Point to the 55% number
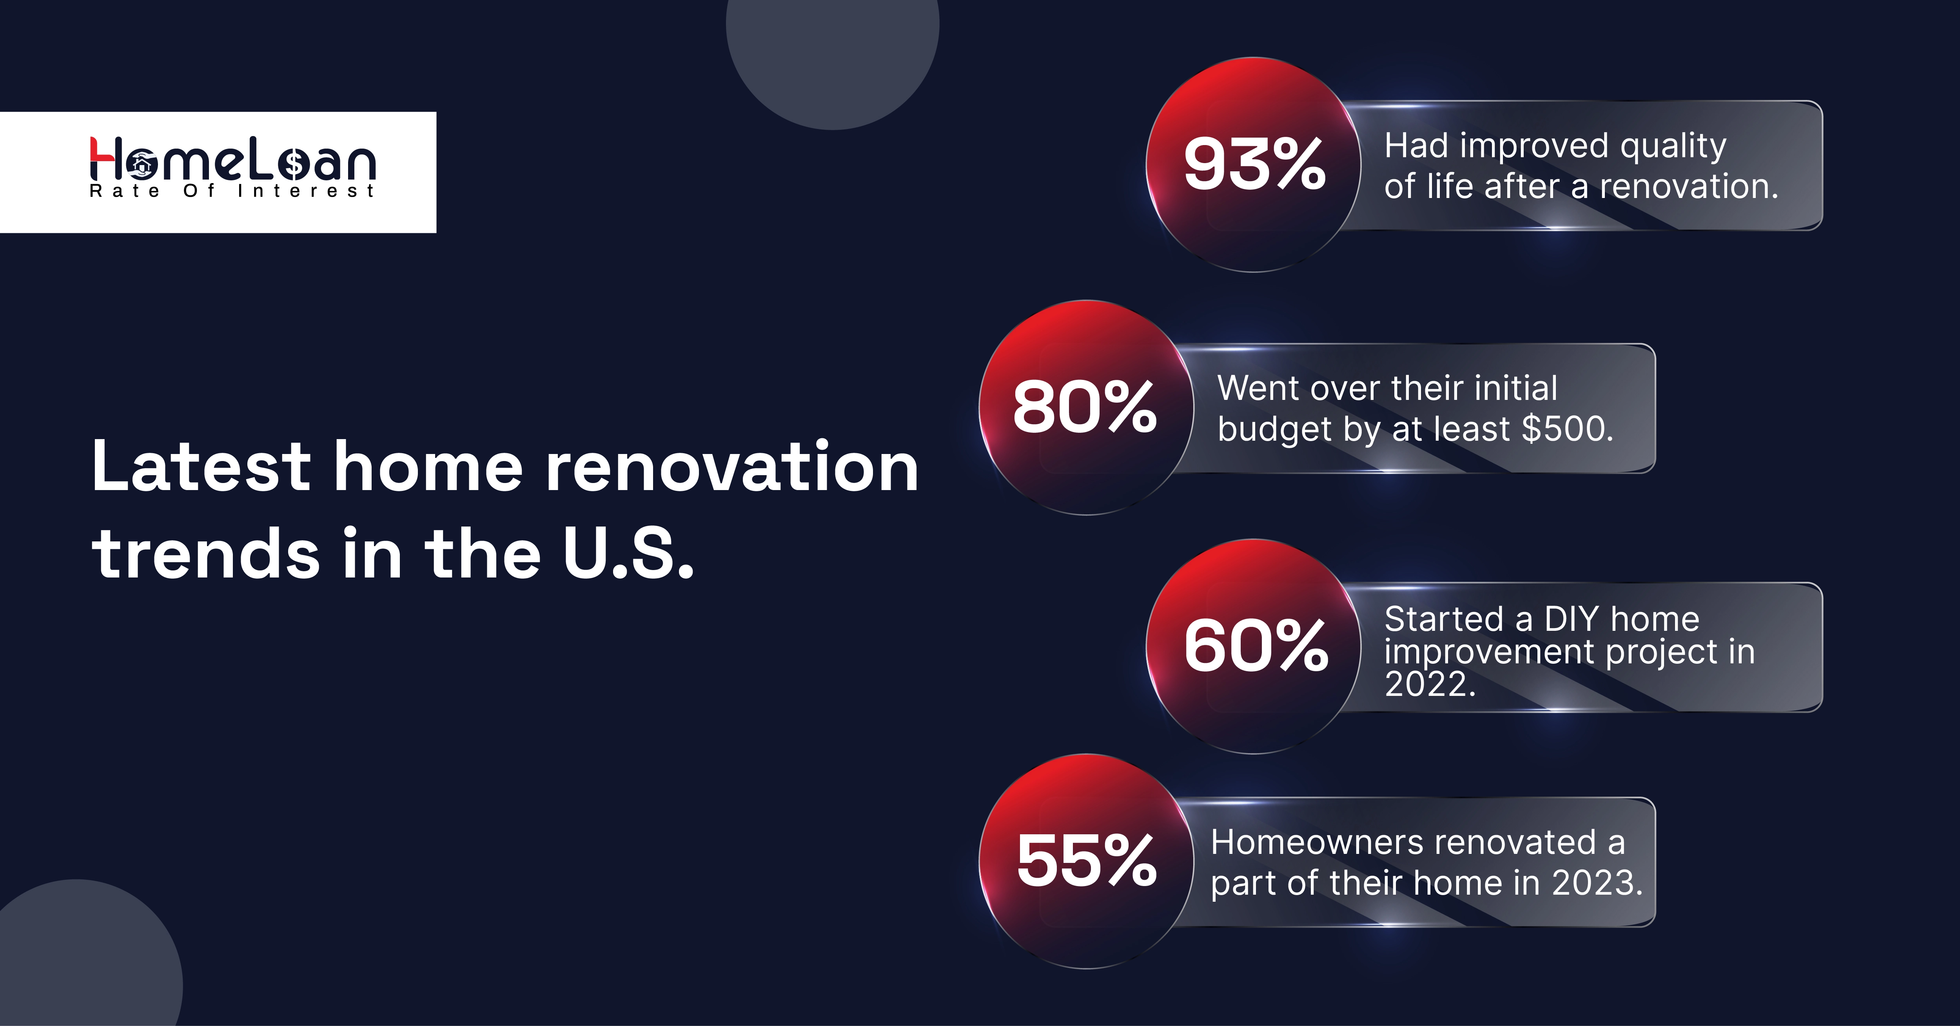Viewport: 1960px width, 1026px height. (x=1087, y=861)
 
